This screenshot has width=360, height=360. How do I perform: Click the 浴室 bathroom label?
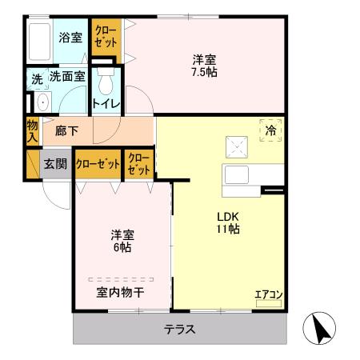70,36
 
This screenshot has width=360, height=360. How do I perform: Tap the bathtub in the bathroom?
41,40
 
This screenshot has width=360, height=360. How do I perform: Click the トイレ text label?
106,103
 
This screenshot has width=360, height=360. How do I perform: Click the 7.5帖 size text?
204,72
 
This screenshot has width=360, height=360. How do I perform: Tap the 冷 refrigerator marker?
271,130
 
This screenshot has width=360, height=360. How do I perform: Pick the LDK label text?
226,216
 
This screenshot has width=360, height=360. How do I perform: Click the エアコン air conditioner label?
269,294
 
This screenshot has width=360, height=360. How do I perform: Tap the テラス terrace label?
180,329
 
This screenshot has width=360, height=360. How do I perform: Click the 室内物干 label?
121,292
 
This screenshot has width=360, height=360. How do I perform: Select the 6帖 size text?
122,248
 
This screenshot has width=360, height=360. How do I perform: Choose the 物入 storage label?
32,130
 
